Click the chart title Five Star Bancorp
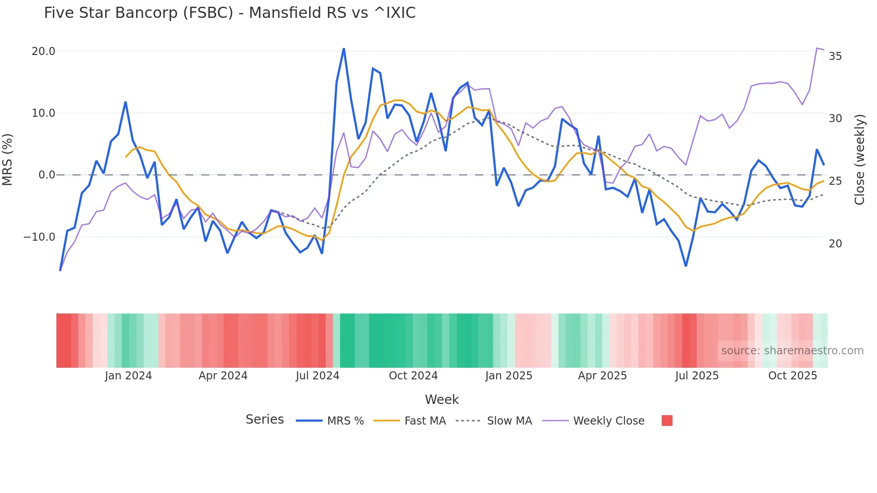(230, 13)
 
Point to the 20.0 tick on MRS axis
(43, 51)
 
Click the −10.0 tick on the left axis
(39, 237)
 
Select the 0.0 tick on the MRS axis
(47, 175)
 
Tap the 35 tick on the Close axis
(835, 56)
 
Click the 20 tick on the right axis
(835, 244)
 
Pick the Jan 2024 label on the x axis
(128, 376)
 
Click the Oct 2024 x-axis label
(413, 376)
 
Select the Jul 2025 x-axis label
(697, 376)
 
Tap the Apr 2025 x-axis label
(602, 376)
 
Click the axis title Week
(442, 399)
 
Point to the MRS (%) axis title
(8, 159)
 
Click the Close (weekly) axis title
(859, 159)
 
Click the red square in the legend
(667, 421)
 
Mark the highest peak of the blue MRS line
(344, 49)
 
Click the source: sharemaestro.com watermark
(792, 351)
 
